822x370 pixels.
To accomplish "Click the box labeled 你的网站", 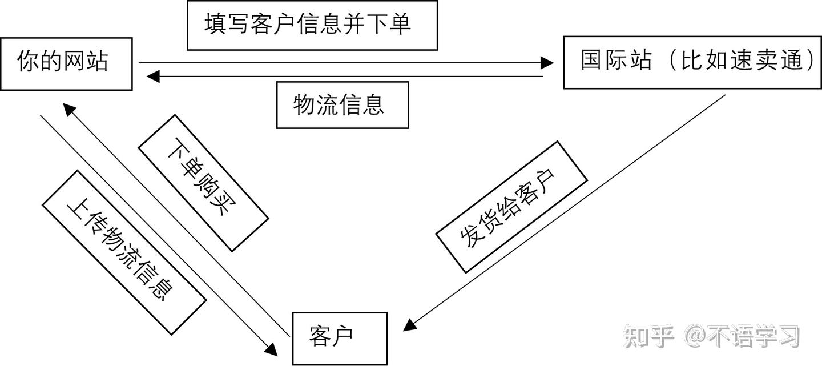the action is click(66, 64).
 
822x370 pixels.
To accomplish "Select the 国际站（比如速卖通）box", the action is click(692, 62).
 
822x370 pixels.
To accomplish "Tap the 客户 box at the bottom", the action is click(340, 339).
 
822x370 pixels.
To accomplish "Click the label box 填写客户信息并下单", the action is click(312, 25).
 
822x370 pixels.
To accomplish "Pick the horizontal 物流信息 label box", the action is click(342, 105).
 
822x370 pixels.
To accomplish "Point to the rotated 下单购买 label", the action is click(203, 183).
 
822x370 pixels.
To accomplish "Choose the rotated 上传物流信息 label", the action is click(124, 252).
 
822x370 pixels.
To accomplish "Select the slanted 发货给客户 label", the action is click(511, 207).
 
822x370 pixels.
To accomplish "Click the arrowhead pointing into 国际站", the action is click(547, 63).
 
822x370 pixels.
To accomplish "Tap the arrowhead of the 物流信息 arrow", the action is click(153, 77).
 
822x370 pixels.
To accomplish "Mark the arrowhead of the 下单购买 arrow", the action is click(70, 110).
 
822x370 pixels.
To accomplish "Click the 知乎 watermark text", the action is click(649, 336).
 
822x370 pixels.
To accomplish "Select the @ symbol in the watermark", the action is click(696, 336).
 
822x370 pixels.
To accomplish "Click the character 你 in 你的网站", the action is click(28, 61).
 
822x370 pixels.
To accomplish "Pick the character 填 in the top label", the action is click(215, 24).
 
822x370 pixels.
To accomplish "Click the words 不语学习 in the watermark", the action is click(754, 336).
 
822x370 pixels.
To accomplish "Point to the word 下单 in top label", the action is click(389, 24).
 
